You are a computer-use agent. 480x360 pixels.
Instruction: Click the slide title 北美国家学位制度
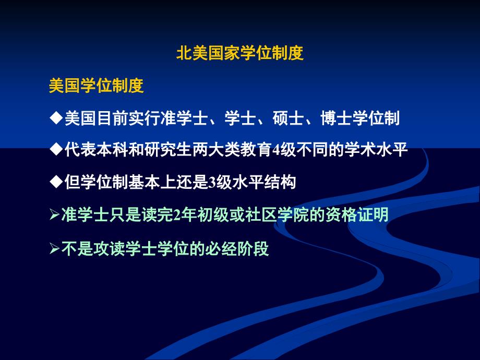(239, 53)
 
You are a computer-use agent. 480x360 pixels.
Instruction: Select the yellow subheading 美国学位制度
(96, 86)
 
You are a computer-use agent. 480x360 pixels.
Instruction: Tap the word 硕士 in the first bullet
(288, 118)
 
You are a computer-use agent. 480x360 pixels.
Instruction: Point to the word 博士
(336, 118)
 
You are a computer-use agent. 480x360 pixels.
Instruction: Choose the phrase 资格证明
(357, 215)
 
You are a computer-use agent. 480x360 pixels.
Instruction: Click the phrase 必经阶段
(237, 248)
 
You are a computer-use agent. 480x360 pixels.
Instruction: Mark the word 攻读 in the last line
(109, 248)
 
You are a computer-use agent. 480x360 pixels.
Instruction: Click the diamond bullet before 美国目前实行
(56, 118)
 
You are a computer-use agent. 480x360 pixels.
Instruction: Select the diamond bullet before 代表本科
(56, 150)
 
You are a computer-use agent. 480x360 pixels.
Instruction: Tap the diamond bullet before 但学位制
(56, 183)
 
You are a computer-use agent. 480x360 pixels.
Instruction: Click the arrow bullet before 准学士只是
(54, 215)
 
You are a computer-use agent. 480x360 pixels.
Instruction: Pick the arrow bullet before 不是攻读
(54, 248)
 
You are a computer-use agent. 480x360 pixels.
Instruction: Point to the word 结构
(280, 183)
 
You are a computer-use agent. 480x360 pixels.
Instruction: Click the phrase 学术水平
(376, 150)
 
